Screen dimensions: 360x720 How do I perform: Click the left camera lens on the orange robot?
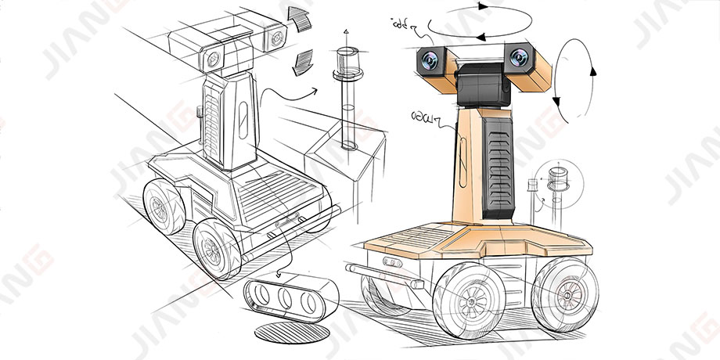[x=429, y=60]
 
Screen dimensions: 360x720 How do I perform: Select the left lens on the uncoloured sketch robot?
[x=213, y=57]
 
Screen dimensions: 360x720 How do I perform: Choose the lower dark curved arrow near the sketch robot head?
[x=300, y=61]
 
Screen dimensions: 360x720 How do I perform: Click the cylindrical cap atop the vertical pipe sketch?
[x=345, y=59]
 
